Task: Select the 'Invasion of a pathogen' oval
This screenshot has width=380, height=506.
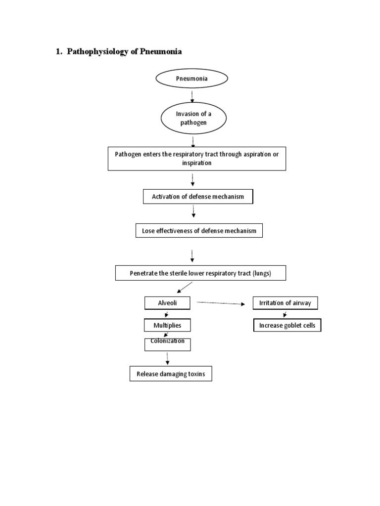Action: pyautogui.click(x=193, y=118)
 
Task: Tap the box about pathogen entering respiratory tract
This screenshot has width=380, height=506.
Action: pyautogui.click(x=197, y=159)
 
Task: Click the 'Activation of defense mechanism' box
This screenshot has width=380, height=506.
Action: pyautogui.click(x=198, y=197)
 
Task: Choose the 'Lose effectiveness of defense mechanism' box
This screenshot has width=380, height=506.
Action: pyautogui.click(x=199, y=230)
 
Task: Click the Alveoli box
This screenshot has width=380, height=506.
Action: pyautogui.click(x=167, y=303)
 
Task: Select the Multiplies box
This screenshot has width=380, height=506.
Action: pyautogui.click(x=167, y=326)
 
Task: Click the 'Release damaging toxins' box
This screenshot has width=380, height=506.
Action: pyautogui.click(x=171, y=375)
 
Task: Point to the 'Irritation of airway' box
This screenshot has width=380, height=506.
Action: pyautogui.click(x=285, y=303)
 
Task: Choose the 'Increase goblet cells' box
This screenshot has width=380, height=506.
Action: pyautogui.click(x=287, y=326)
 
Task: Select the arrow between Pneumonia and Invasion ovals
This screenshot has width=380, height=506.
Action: pyautogui.click(x=192, y=97)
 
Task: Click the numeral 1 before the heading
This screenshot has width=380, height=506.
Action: pyautogui.click(x=58, y=52)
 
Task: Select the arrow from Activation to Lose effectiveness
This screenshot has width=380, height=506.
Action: pyautogui.click(x=193, y=211)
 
